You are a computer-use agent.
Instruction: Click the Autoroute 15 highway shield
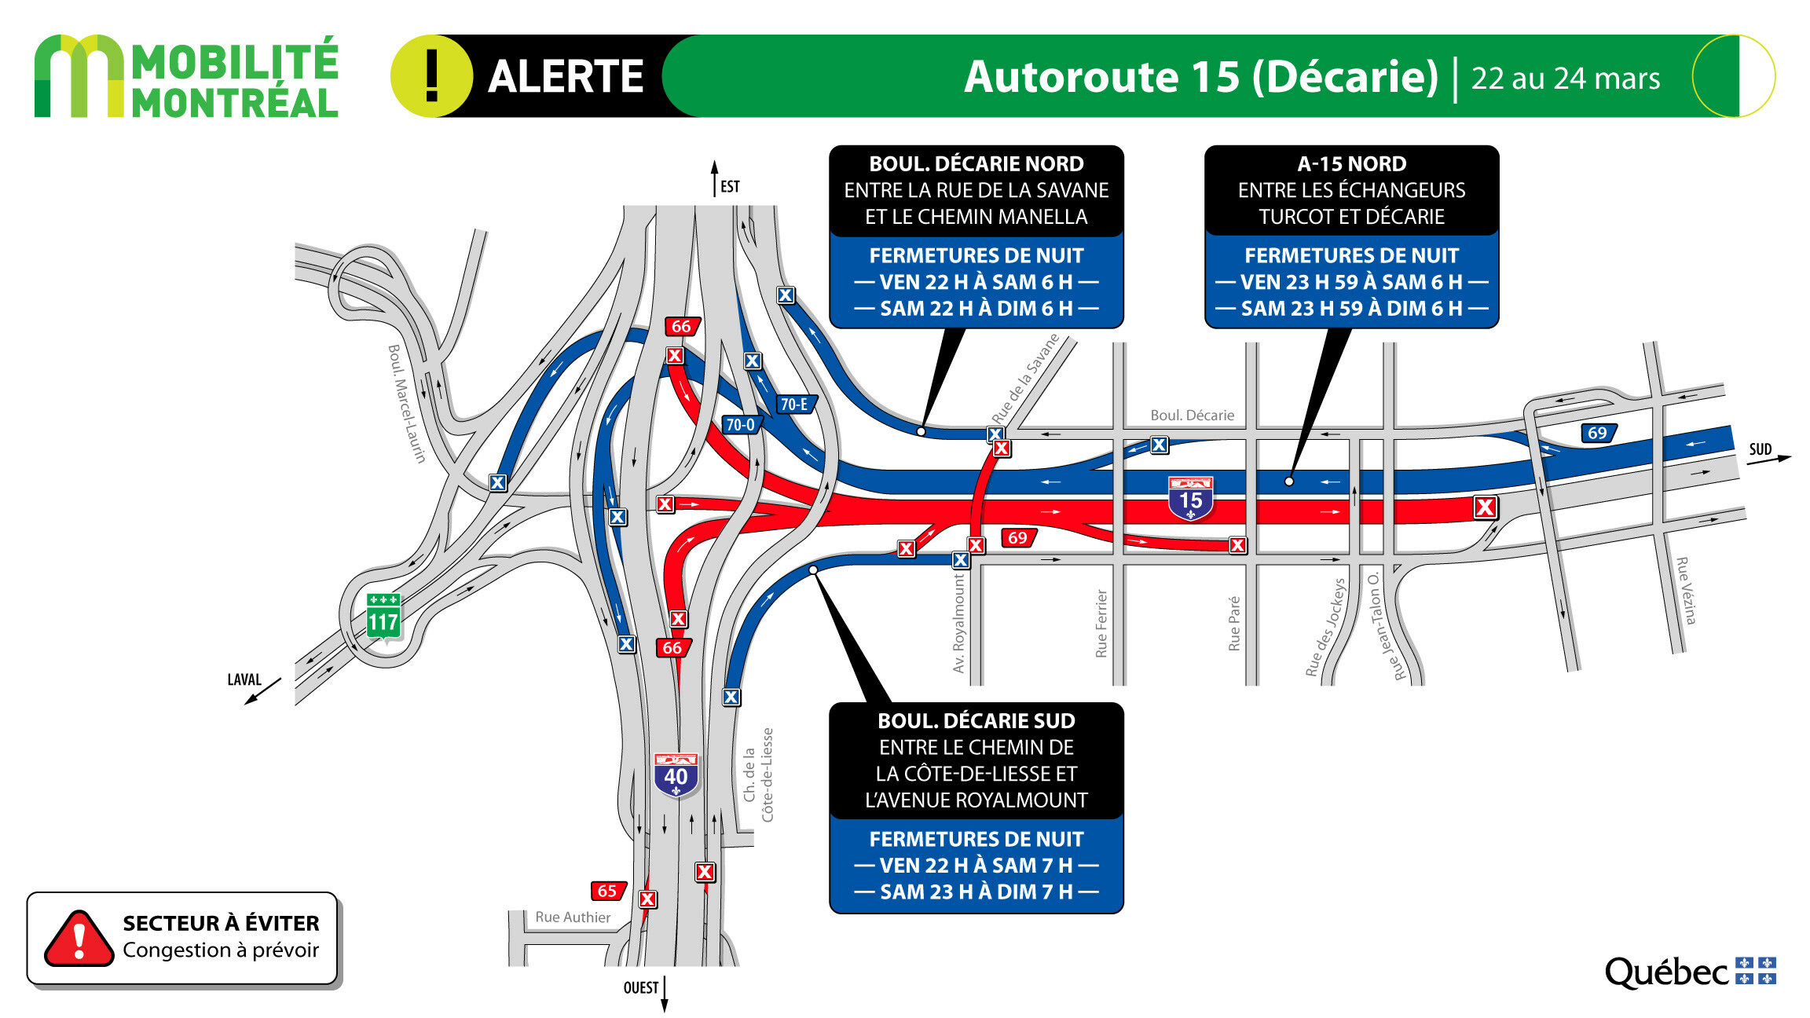1190,498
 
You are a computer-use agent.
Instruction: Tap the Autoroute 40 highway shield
676,775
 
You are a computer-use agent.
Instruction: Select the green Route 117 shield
383,617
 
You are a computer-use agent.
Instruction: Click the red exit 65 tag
608,891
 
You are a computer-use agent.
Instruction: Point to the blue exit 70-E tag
795,404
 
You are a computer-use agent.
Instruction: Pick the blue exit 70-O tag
741,425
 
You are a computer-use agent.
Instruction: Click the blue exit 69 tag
1598,433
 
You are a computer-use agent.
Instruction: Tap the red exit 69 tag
1018,538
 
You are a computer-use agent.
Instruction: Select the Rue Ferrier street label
1101,624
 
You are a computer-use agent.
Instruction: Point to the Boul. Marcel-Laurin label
407,404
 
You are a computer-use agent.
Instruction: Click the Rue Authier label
573,917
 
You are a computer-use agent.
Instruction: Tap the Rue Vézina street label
1686,591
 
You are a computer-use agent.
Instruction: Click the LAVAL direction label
244,679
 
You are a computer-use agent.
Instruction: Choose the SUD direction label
1761,449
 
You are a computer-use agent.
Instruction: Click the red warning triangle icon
79,939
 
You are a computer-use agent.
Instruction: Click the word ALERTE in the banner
566,77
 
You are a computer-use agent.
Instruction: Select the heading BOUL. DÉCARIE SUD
976,721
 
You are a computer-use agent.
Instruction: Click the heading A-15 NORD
1352,164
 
